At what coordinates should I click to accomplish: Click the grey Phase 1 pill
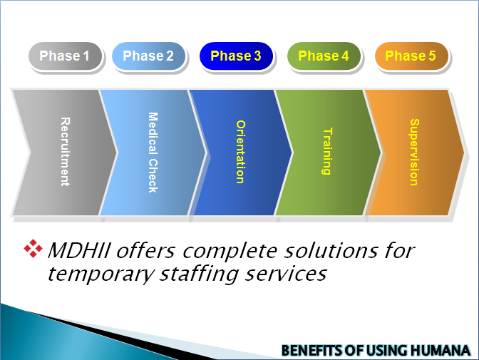point(65,56)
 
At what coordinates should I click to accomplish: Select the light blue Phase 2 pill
point(148,56)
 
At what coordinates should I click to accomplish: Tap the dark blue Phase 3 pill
point(236,56)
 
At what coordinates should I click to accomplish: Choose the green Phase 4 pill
point(324,56)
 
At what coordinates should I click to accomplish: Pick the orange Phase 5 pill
point(411,56)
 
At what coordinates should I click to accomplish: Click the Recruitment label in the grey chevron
point(65,152)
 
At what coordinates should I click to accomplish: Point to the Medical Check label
point(153,152)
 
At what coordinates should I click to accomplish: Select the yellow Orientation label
point(240,152)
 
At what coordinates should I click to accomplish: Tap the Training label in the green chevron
point(327,151)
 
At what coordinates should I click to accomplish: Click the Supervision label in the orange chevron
point(414,152)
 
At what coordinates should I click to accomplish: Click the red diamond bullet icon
point(33,249)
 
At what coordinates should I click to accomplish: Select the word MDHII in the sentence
point(79,251)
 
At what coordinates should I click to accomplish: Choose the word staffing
point(199,274)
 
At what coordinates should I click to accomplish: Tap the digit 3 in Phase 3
point(257,56)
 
